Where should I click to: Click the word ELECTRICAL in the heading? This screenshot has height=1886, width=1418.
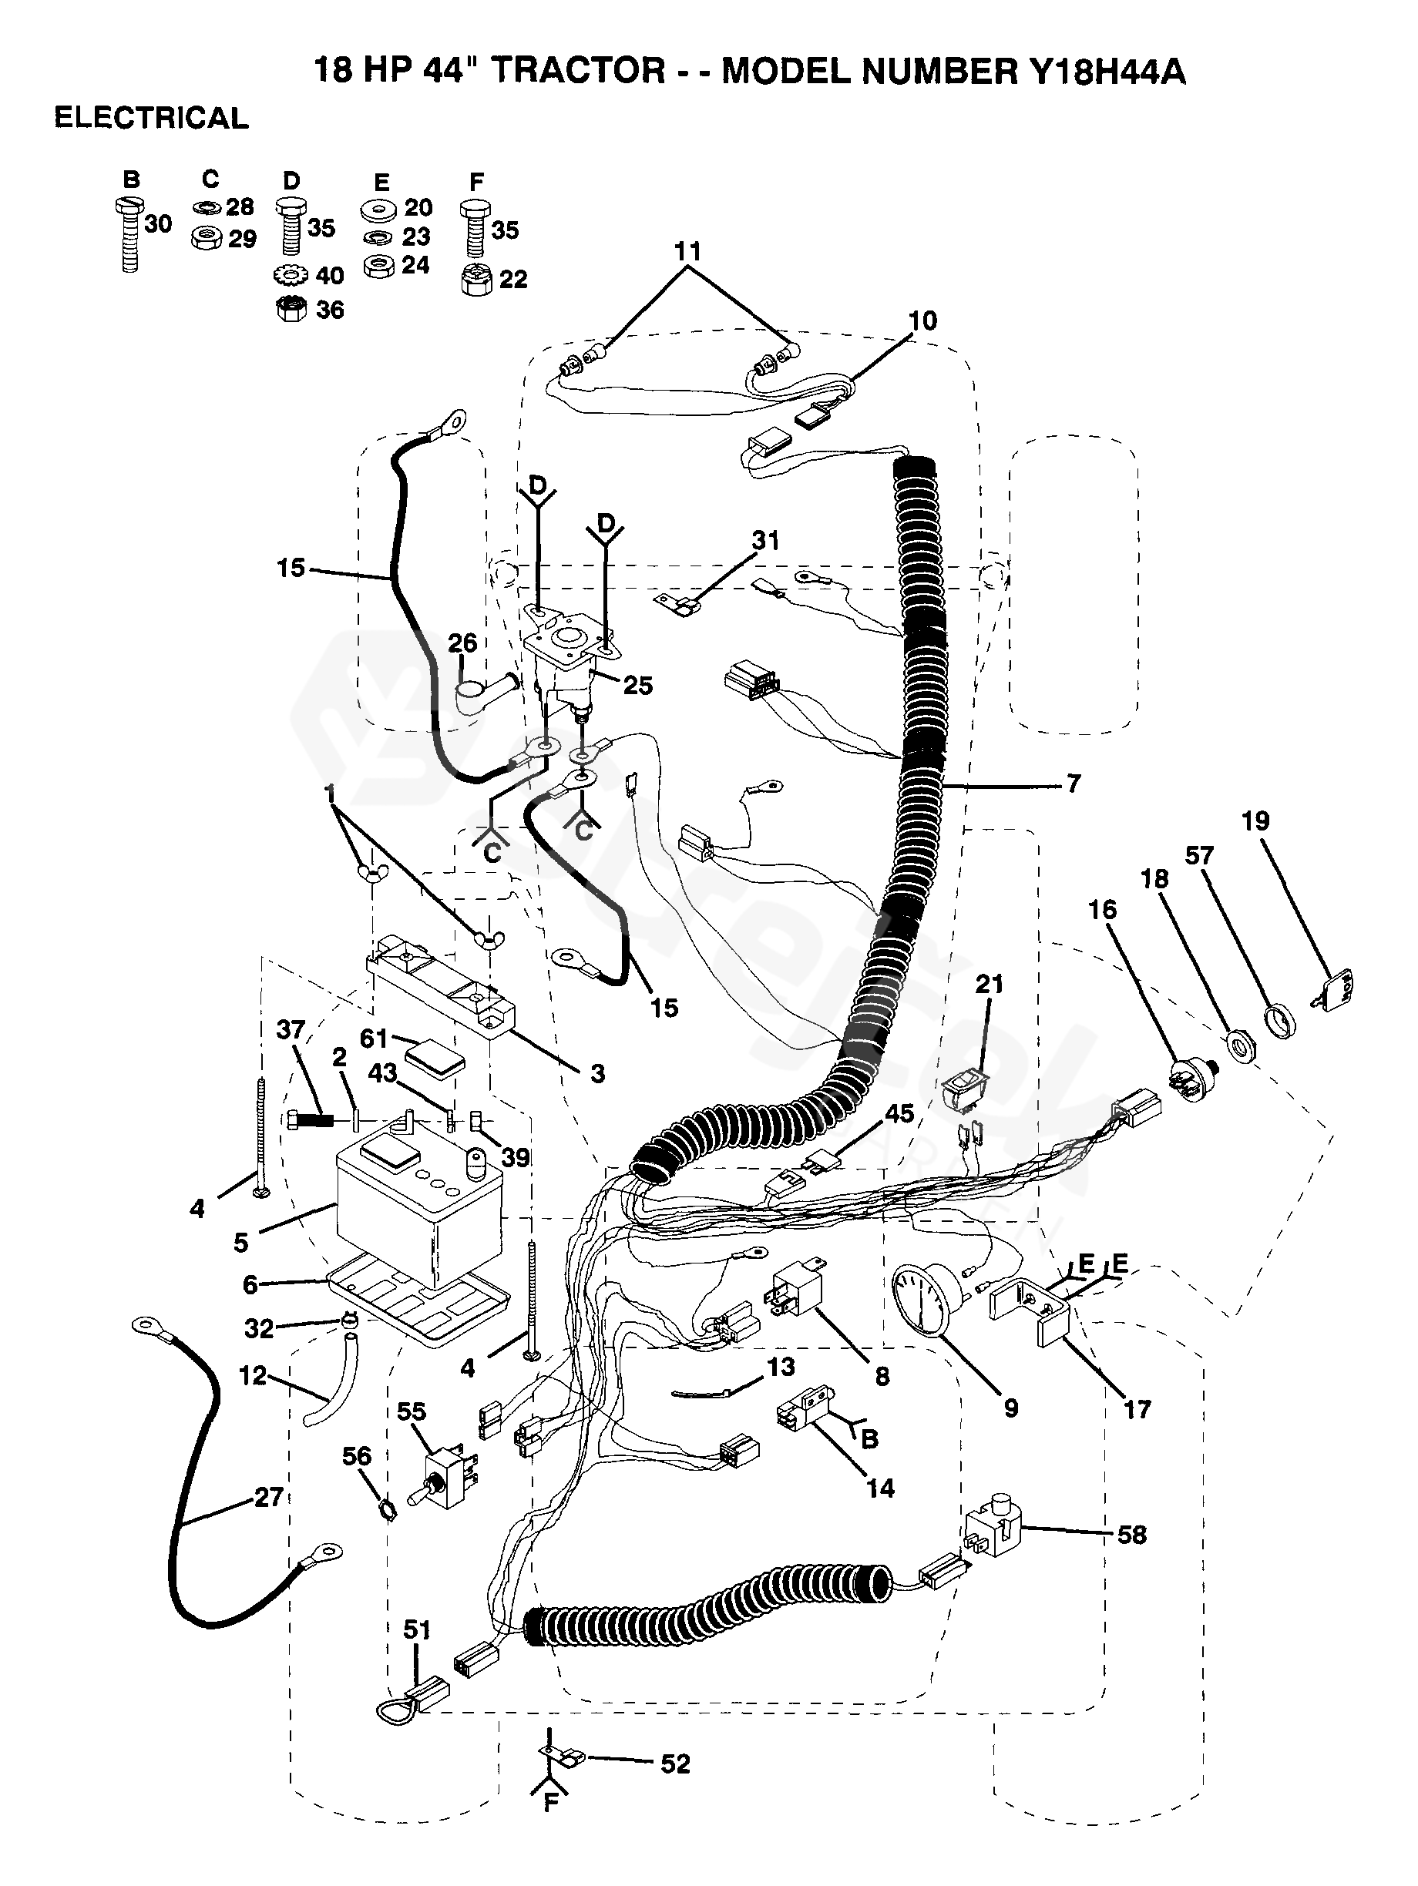pos(151,118)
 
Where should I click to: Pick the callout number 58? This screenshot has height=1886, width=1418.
pos(1131,1535)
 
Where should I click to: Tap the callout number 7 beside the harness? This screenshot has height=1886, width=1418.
pos(1073,783)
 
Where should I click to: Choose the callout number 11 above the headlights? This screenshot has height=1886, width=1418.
pos(687,251)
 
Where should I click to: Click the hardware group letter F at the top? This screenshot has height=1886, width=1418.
pos(475,181)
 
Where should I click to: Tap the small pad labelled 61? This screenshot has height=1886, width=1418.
pos(435,1062)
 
